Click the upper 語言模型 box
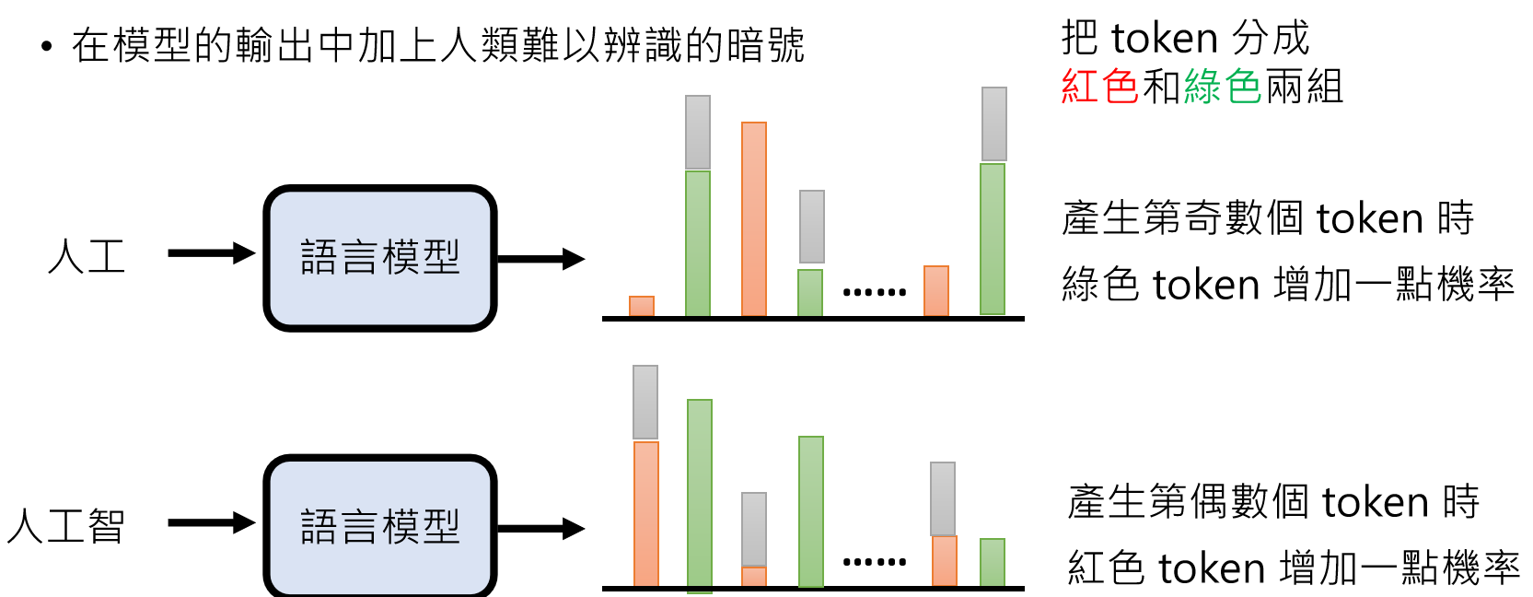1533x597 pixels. click(x=380, y=258)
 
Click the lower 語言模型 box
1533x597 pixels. click(x=380, y=526)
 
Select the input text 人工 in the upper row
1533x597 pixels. click(x=87, y=257)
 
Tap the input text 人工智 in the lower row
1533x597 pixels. click(x=65, y=526)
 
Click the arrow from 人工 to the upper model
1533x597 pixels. click(x=211, y=253)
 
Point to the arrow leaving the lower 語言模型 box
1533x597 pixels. click(x=541, y=529)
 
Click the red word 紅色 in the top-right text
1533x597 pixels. click(x=1099, y=88)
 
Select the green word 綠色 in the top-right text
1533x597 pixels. click(x=1223, y=88)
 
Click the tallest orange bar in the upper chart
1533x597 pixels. click(x=754, y=219)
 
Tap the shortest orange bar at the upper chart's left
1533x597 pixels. click(x=642, y=306)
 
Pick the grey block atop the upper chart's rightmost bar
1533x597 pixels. click(x=994, y=124)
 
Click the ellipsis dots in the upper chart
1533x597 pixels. click(x=875, y=293)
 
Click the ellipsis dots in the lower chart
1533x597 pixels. click(x=875, y=561)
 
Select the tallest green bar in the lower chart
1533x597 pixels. click(x=700, y=495)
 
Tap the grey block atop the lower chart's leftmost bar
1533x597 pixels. click(x=645, y=402)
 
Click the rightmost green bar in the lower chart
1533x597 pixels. click(x=993, y=562)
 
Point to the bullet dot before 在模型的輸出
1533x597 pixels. click(x=47, y=47)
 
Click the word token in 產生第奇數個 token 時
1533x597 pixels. click(x=1370, y=219)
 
